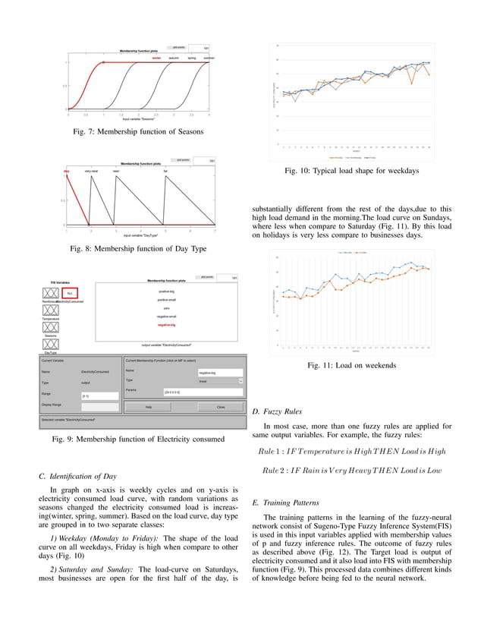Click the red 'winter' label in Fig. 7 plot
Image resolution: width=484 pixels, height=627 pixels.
click(x=156, y=57)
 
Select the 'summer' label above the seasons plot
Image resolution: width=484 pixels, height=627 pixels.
click(x=209, y=57)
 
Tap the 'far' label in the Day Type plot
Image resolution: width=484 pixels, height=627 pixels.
click(x=165, y=171)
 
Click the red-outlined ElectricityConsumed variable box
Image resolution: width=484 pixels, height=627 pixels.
click(x=69, y=293)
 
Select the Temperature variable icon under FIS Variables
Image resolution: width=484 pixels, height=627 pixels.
click(x=51, y=310)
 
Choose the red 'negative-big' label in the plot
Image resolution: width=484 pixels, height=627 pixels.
click(x=166, y=325)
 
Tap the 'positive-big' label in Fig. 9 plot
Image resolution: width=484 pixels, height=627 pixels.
click(x=166, y=291)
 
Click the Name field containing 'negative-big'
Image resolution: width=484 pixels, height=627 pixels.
click(x=219, y=373)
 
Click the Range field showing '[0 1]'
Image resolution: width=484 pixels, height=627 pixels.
click(x=99, y=396)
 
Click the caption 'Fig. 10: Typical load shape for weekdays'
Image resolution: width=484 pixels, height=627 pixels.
click(x=351, y=172)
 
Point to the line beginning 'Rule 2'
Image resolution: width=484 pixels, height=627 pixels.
click(x=351, y=471)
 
